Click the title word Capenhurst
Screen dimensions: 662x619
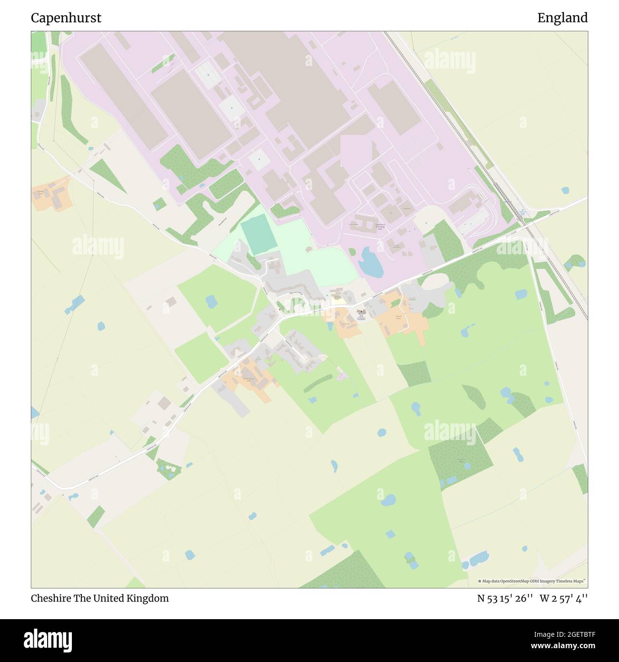click(66, 18)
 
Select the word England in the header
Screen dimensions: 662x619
click(562, 18)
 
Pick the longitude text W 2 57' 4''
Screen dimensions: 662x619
click(564, 598)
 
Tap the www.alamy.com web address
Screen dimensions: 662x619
click(559, 646)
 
